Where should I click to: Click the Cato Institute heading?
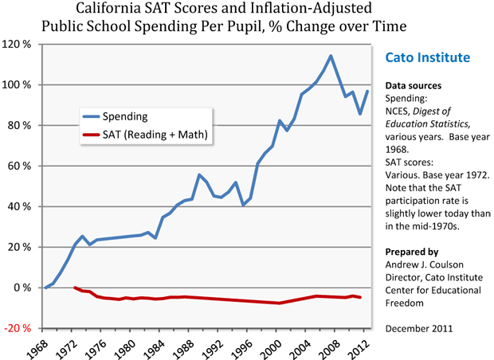click(427, 58)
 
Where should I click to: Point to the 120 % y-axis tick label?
click(18, 44)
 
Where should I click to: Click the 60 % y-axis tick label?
click(19, 166)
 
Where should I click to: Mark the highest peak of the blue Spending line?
click(331, 56)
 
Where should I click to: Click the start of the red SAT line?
click(75, 288)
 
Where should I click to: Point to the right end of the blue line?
click(367, 91)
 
